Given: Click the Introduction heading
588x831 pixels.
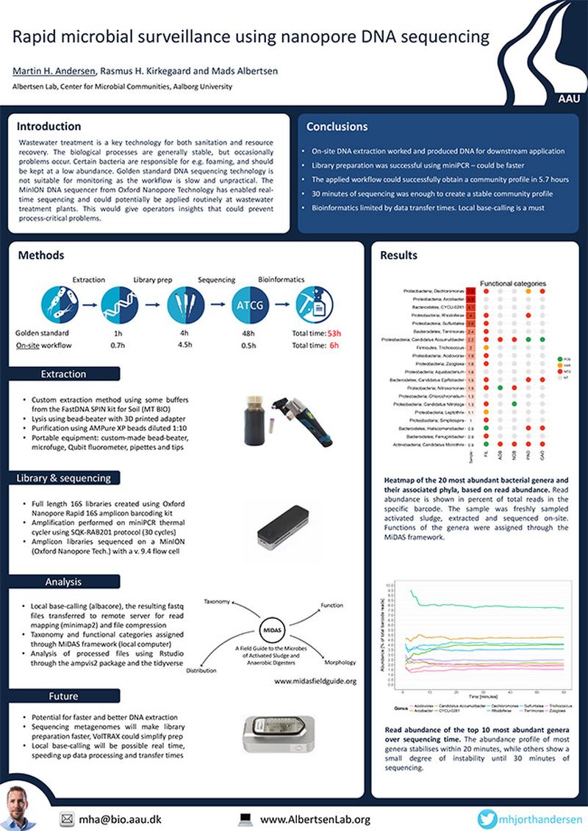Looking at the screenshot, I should click(x=49, y=126).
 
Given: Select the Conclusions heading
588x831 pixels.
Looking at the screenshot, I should click(x=337, y=126).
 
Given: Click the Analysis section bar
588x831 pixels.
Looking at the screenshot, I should click(x=63, y=582).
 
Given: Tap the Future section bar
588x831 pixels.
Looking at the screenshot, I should click(x=63, y=695).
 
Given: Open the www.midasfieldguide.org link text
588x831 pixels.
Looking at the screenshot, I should click(x=315, y=681).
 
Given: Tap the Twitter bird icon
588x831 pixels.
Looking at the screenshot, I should click(x=487, y=819).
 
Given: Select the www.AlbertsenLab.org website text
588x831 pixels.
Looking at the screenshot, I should click(x=315, y=819).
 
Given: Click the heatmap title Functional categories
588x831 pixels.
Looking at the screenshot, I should click(x=513, y=283).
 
